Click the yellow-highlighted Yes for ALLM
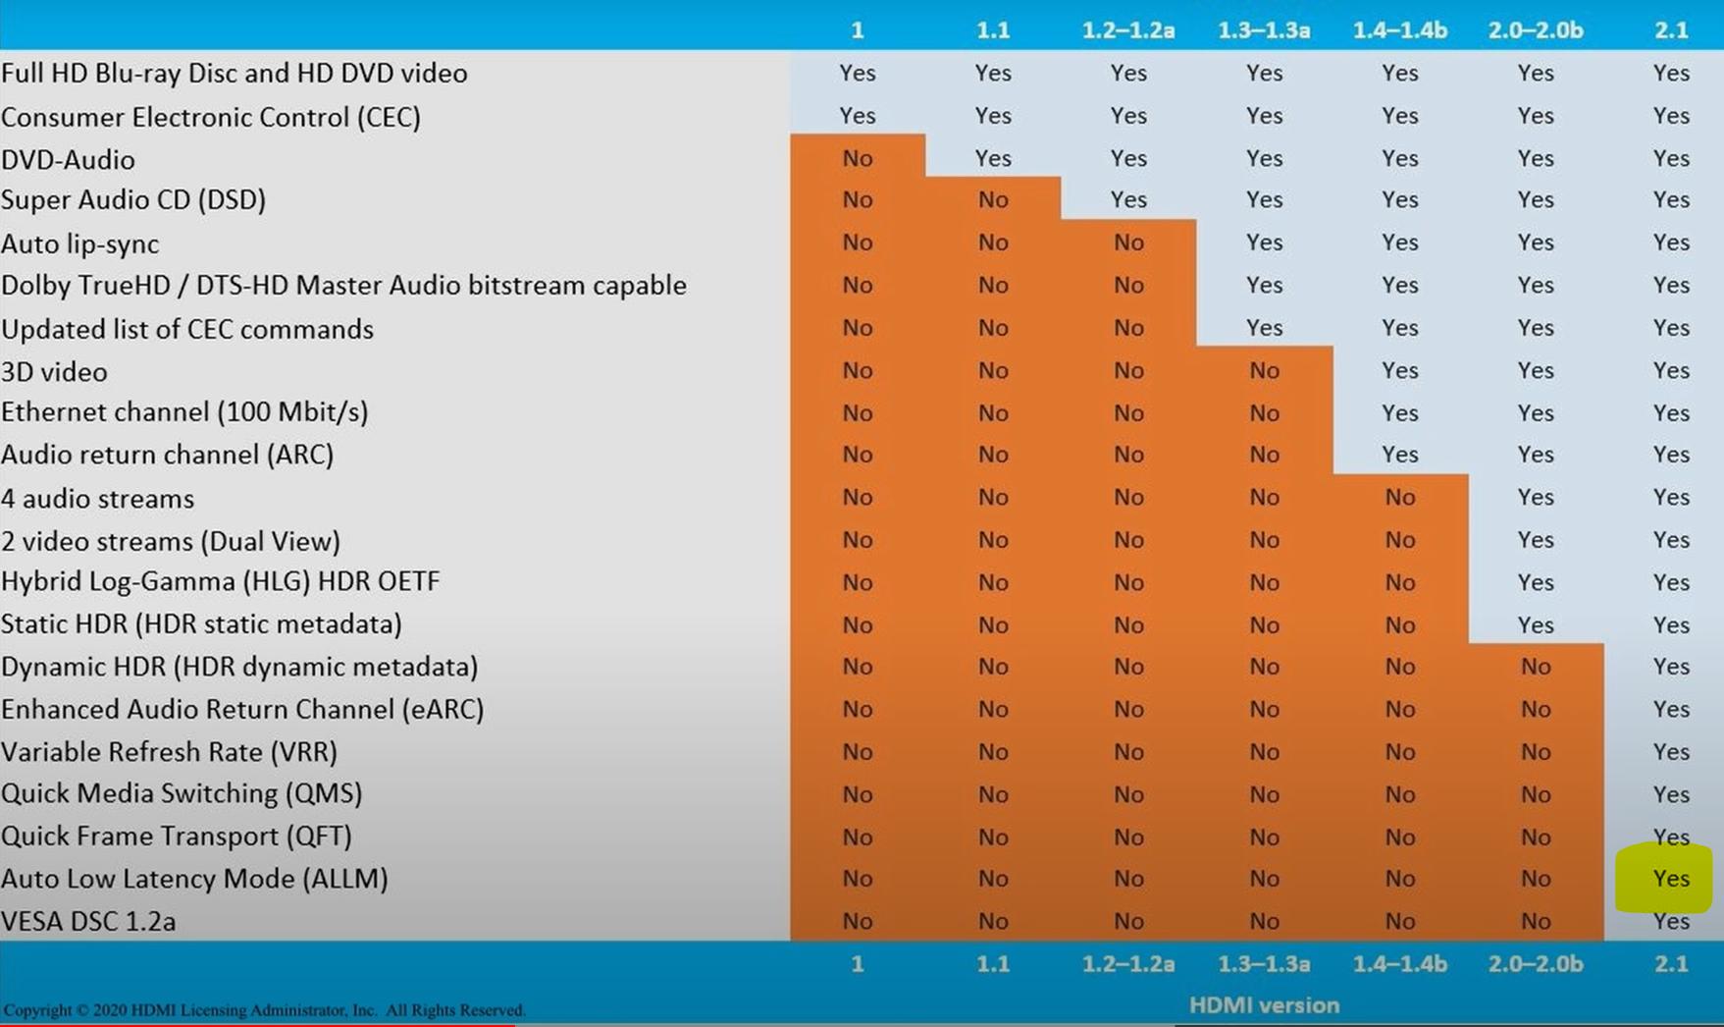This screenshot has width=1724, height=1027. pos(1670,879)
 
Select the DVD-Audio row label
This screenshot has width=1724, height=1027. pos(69,160)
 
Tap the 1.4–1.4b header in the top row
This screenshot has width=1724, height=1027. pos(1399,30)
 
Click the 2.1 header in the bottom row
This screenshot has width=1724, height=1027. pos(1670,964)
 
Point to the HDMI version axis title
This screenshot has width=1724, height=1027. pos(1264,1005)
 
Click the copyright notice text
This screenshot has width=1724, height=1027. pos(265,1010)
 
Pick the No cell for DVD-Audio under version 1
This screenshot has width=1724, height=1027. pos(857,158)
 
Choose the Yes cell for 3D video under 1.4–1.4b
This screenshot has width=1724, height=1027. pos(1399,370)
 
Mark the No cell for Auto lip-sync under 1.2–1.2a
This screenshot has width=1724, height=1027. pos(1128,243)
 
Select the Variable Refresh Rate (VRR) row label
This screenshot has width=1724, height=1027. pos(169,752)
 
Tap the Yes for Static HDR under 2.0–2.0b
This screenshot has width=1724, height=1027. pos(1535,624)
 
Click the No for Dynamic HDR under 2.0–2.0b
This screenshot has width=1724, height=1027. pos(1535,667)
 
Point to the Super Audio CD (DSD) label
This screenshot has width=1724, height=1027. pos(133,200)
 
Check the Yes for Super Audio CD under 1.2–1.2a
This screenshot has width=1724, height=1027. pos(1128,199)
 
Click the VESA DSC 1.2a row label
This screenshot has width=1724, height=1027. pos(88,922)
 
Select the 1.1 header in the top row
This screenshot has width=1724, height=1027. pos(993,30)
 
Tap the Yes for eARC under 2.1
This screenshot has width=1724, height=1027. pos(1670,709)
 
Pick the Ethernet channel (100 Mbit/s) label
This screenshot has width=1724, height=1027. pos(184,412)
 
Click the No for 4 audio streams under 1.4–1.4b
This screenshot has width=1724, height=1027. pos(1399,498)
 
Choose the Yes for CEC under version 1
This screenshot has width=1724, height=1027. pos(857,116)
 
